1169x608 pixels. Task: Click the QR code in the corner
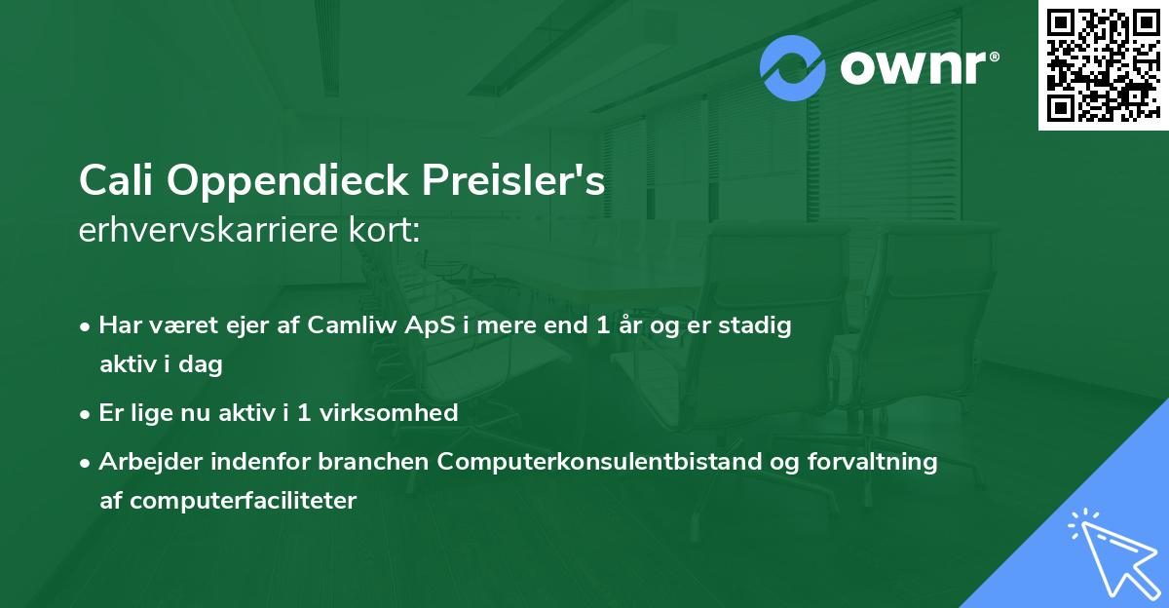pyautogui.click(x=1103, y=64)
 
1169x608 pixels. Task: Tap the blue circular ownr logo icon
pyautogui.click(x=793, y=68)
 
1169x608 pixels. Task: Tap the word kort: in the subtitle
pyautogui.click(x=390, y=232)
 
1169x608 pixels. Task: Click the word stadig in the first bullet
pyautogui.click(x=759, y=325)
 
